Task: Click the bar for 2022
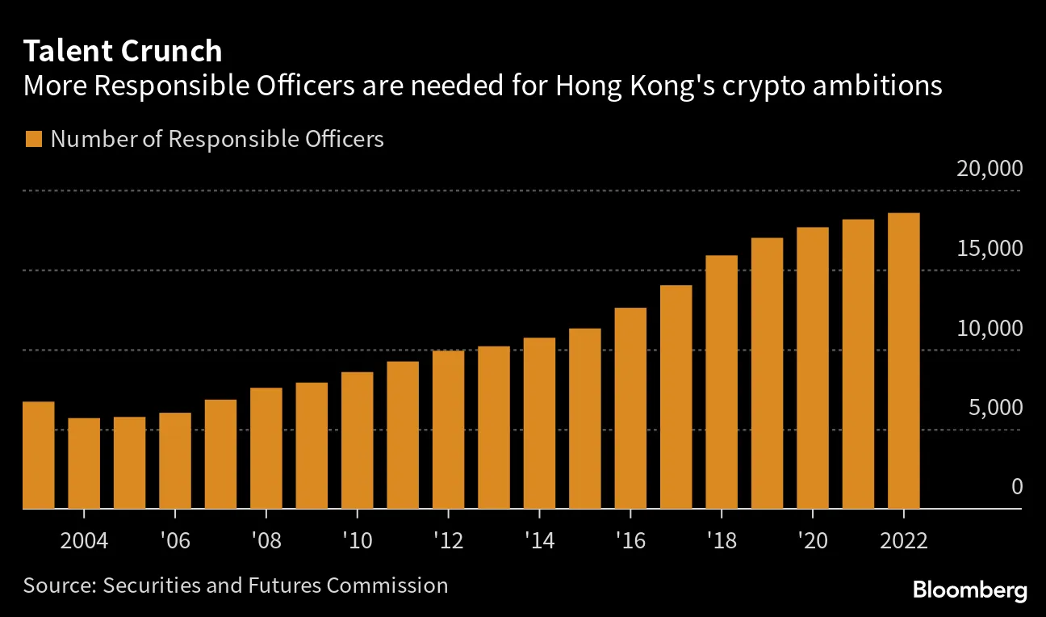903,361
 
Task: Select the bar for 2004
84,464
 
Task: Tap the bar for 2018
722,382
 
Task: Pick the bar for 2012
448,430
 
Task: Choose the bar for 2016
630,408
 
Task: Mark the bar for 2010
357,440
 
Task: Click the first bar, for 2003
38,455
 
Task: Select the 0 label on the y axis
1016,487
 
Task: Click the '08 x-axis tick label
266,540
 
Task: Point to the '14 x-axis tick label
539,540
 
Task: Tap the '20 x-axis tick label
812,540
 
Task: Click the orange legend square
33,139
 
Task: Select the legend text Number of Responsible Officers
217,139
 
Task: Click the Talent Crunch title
123,52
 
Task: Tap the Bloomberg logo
969,590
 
